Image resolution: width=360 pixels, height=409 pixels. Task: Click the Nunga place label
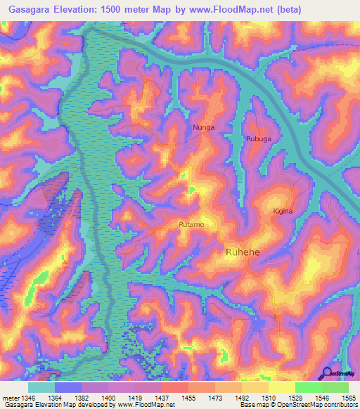pyautogui.click(x=203, y=128)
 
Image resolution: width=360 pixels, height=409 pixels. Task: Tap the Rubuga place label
pyautogui.click(x=258, y=139)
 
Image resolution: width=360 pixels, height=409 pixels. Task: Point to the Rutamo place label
pyautogui.click(x=191, y=224)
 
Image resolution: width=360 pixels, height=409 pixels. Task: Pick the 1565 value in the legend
pyautogui.click(x=347, y=398)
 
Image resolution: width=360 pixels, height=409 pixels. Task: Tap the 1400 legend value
pyautogui.click(x=108, y=398)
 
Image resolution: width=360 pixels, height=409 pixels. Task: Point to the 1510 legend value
pyautogui.click(x=267, y=398)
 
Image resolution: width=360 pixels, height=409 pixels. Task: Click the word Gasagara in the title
pyautogui.click(x=26, y=9)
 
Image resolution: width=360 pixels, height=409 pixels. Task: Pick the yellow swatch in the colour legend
pyautogui.click(x=281, y=387)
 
